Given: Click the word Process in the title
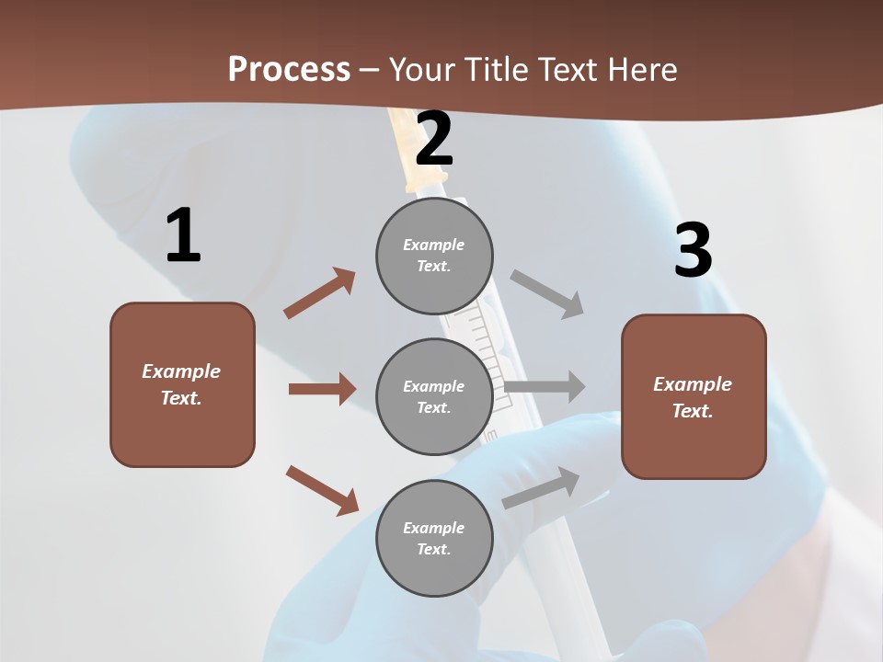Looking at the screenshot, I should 289,70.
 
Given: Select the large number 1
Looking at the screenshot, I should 182,236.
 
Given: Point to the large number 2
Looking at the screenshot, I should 434,139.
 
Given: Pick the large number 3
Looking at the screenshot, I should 693,250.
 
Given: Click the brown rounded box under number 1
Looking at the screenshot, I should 182,384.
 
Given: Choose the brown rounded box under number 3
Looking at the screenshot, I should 694,396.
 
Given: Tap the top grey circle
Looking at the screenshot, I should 434,255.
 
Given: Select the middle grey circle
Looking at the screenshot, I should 434,396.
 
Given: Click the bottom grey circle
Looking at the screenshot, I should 434,538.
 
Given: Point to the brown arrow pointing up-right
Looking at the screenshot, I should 320,293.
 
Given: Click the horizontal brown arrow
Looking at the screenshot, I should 322,389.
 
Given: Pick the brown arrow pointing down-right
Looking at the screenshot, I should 322,490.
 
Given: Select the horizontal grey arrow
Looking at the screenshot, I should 545,387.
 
